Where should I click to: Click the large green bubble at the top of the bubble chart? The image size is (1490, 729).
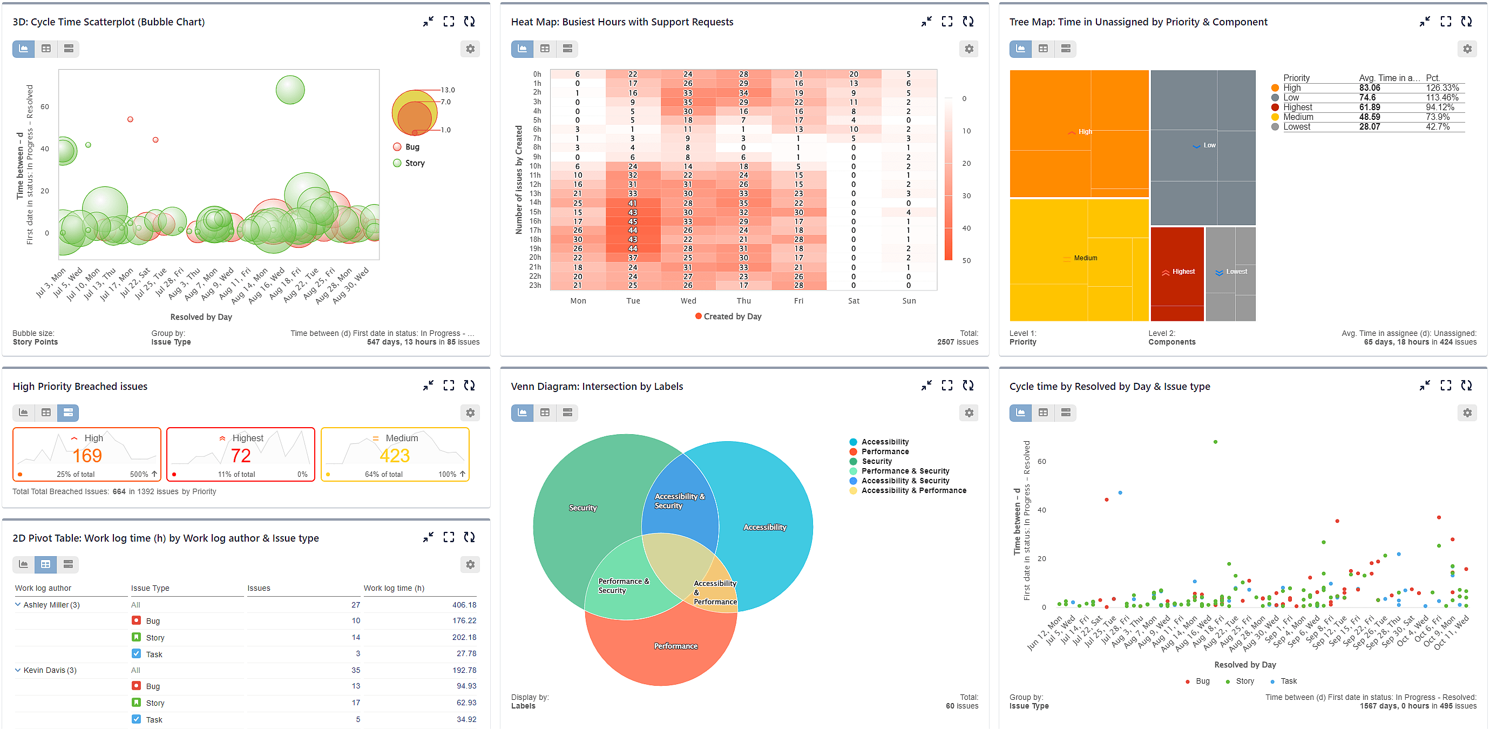(x=290, y=90)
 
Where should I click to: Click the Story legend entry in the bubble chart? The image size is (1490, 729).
(x=414, y=163)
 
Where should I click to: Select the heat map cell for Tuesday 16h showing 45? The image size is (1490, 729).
(x=632, y=221)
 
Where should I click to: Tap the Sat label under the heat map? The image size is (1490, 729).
(x=853, y=301)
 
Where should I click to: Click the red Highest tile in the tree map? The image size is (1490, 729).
(x=1177, y=272)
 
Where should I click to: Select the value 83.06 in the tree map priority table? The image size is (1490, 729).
(x=1369, y=88)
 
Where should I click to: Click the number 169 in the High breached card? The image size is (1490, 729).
(x=87, y=456)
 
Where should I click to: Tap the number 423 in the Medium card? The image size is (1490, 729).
(x=395, y=456)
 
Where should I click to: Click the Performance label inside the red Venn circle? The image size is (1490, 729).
(x=675, y=646)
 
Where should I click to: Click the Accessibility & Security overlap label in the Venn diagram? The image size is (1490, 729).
(x=679, y=501)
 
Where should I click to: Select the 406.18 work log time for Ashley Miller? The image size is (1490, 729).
(x=464, y=605)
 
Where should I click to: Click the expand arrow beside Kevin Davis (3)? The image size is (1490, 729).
(x=17, y=670)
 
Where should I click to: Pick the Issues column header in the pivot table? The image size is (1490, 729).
(x=259, y=588)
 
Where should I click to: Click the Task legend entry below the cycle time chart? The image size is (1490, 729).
(x=1288, y=681)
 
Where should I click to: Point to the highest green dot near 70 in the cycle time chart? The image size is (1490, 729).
(x=1215, y=442)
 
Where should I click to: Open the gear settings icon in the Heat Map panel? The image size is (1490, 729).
(x=969, y=49)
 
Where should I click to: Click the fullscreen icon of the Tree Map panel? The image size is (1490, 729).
(x=1446, y=22)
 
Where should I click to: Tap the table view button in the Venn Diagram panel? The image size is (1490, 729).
(x=544, y=413)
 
